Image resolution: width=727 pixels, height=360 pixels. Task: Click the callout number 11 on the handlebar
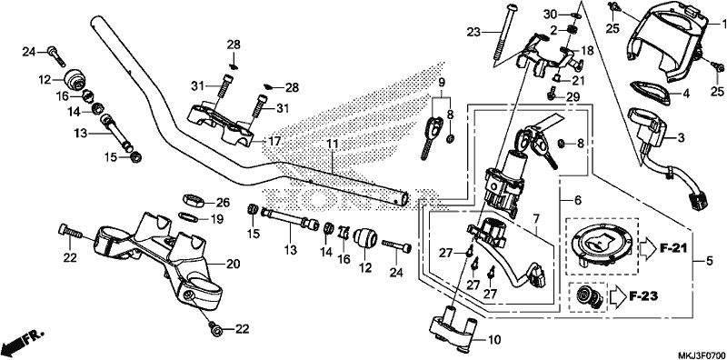coord(333,144)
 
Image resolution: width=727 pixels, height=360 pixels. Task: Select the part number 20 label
coord(234,265)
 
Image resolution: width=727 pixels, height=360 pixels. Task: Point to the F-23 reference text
coord(644,295)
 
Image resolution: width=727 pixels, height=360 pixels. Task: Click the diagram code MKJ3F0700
coord(701,355)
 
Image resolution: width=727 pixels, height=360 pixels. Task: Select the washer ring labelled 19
coord(189,216)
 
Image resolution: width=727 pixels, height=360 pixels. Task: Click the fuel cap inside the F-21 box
coord(602,243)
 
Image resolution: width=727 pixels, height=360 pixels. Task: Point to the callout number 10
coord(494,341)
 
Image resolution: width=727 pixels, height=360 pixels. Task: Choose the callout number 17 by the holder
coord(274,141)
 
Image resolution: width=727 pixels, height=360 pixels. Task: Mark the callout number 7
coord(536,217)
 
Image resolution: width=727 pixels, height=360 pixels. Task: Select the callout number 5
coord(710,262)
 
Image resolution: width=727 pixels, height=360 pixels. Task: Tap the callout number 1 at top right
coord(722,23)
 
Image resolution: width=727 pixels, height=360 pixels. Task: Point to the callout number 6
coord(577,200)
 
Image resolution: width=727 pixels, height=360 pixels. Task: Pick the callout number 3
coord(681,137)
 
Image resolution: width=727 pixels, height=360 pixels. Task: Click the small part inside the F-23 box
coord(587,296)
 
